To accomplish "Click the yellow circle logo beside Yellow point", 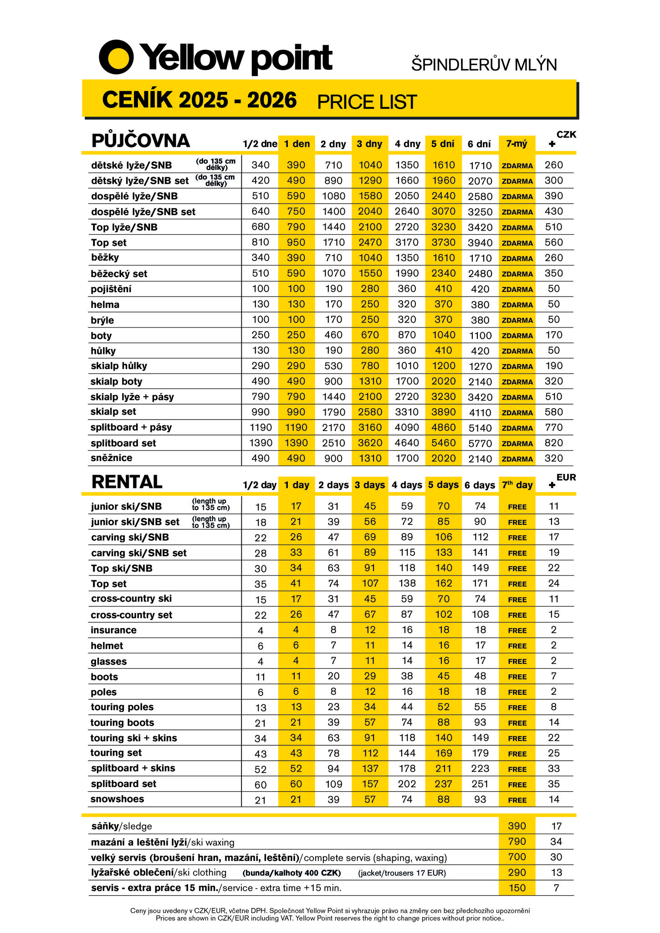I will point(116,57).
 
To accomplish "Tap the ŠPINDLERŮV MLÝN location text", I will point(484,65).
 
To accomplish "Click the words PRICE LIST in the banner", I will point(367,102).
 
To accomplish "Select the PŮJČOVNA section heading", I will point(140,141).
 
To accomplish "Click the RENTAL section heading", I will point(127,482).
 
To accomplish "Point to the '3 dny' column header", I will point(369,144).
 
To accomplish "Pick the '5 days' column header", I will point(443,485).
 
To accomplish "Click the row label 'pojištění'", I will point(111,289).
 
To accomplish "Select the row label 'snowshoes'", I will point(117,799).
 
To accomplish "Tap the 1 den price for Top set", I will point(296,242).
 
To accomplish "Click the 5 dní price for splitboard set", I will point(443,443).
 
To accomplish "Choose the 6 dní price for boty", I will point(480,336).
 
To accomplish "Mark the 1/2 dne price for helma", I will point(261,304).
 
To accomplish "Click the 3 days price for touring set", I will point(370,753).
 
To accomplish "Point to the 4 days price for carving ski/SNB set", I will point(407,553).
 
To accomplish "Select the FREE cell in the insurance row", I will point(517,631).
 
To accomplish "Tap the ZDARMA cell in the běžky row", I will point(517,258).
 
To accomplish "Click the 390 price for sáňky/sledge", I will point(517,826).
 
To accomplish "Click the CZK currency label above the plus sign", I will point(566,134).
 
